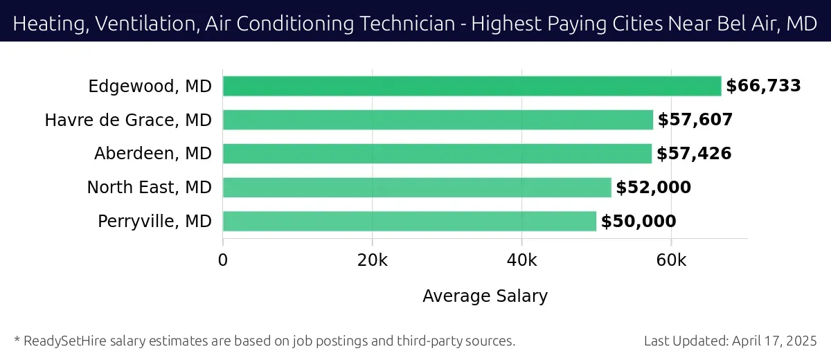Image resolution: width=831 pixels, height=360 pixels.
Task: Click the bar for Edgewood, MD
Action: (472, 87)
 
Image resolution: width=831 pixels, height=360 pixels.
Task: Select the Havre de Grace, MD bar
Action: (438, 120)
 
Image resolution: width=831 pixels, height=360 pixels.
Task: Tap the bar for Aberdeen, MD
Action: (437, 154)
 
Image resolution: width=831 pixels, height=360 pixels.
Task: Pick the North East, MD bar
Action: (417, 188)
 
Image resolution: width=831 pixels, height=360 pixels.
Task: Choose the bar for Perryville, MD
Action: (409, 222)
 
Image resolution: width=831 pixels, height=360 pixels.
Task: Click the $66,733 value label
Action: (763, 86)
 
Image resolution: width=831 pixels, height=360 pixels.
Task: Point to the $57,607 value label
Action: (695, 120)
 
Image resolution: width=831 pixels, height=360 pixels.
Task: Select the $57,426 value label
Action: (694, 154)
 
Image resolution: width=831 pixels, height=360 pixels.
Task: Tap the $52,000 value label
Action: (653, 188)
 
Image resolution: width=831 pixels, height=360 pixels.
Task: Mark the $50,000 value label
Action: (638, 222)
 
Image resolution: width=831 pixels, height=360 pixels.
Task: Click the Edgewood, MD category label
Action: (150, 87)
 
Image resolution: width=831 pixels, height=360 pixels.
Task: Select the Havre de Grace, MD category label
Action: (128, 120)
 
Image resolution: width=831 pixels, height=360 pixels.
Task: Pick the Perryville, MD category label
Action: (154, 222)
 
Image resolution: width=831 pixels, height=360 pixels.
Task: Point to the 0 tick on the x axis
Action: (223, 260)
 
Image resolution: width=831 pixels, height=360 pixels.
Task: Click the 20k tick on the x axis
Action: (373, 260)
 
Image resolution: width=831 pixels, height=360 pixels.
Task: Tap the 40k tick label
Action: (521, 260)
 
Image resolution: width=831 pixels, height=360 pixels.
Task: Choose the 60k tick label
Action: (671, 260)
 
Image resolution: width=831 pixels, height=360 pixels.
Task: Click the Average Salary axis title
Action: (485, 296)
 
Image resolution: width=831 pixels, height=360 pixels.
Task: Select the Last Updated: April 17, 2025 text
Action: (730, 341)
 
